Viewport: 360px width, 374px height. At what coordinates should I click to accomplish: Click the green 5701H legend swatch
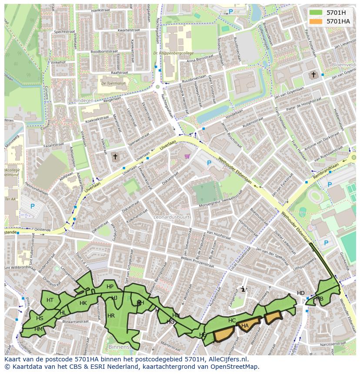[316, 13]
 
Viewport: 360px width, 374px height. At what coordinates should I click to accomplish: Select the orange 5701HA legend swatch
[316, 21]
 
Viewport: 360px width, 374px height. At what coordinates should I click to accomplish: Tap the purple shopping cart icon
[187, 156]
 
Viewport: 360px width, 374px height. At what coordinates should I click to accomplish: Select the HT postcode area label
[50, 300]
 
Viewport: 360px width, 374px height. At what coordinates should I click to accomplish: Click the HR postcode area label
[111, 316]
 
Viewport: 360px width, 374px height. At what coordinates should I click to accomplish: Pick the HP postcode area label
[110, 287]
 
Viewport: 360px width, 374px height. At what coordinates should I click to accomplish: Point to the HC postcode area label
[232, 321]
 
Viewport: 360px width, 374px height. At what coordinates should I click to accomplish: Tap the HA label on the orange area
[245, 326]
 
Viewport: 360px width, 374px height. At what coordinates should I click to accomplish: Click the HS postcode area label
[40, 318]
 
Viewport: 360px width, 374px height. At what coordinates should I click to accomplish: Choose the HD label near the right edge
[301, 293]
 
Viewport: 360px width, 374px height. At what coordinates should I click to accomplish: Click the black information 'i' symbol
[243, 289]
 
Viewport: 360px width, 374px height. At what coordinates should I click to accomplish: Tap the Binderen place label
[84, 100]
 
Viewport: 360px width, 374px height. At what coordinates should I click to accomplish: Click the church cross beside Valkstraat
[115, 156]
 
